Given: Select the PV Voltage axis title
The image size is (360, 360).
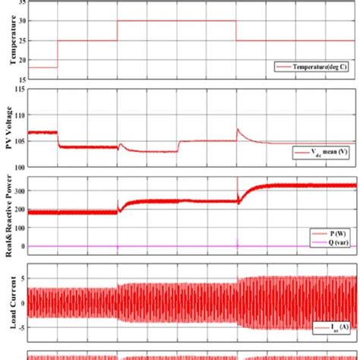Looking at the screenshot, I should coord(11,127).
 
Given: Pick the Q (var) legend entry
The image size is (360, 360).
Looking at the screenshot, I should coord(330,240).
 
